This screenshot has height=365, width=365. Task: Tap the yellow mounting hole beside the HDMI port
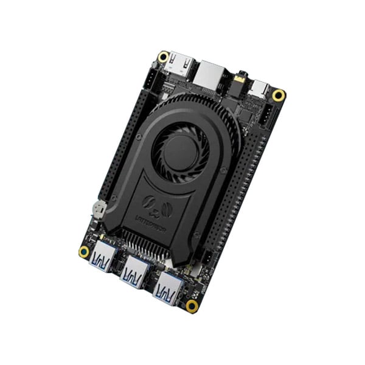tap(163, 57)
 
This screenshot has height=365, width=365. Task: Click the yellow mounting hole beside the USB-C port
tap(279, 96)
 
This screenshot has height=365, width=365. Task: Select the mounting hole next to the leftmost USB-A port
tap(84, 251)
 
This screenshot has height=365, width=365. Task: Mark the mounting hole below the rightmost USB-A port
tap(192, 305)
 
